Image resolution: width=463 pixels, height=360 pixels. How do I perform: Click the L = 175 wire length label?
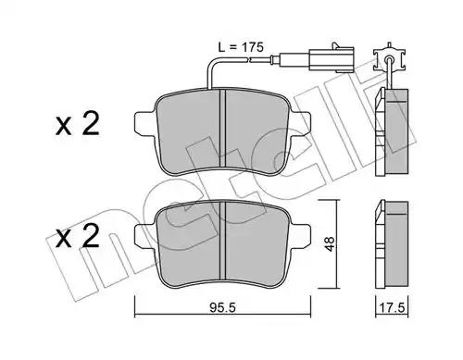(241, 47)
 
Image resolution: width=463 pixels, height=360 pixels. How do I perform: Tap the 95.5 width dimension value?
(222, 307)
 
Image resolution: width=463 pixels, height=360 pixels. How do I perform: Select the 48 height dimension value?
(329, 243)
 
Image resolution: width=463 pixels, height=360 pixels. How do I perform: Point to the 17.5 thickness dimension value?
(393, 307)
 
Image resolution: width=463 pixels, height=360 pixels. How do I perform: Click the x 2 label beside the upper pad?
(78, 124)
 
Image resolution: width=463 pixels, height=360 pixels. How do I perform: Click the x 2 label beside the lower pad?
(78, 236)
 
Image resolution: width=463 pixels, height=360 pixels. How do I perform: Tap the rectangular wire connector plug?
(331, 59)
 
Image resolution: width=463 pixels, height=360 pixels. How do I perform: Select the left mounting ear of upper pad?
(144, 124)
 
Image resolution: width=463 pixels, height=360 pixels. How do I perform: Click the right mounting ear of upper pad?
(301, 124)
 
